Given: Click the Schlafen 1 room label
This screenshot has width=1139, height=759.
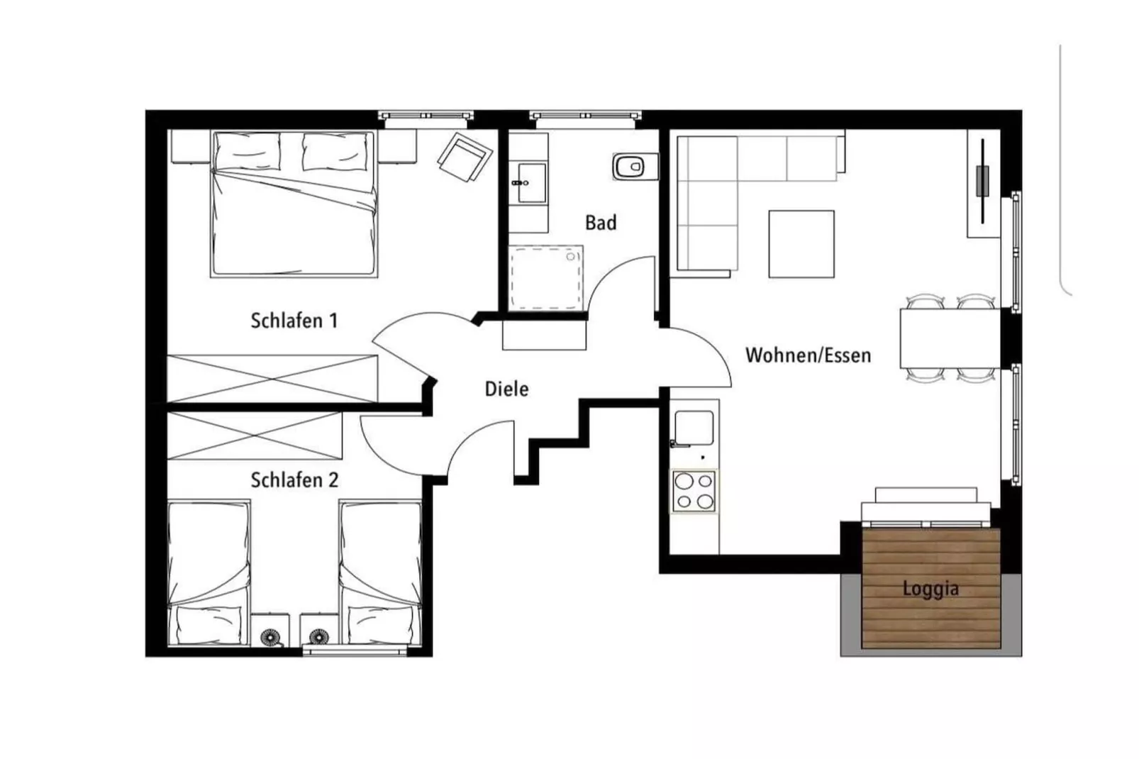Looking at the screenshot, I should point(294,321).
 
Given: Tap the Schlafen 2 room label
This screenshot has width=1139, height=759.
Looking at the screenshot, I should point(294,480).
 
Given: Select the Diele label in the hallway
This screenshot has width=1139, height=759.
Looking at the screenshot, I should point(506,389).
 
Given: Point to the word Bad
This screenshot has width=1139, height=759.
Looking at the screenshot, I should point(600,223).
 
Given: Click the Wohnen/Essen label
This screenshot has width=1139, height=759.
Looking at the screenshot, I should point(808,355).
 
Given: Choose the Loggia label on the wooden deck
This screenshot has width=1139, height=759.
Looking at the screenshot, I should point(930,589).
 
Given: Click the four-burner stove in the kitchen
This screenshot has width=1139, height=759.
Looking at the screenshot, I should point(694,492).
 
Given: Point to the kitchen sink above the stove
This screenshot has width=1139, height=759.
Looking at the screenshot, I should point(694,427).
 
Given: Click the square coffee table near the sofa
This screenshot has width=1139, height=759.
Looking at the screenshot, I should point(801,243).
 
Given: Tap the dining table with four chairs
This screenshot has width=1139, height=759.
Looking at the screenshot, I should point(949,338).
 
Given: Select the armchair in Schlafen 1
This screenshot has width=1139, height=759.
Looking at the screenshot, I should point(465,156).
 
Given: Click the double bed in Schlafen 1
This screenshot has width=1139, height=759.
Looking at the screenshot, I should point(294,213).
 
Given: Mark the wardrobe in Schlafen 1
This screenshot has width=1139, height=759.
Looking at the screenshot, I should point(272,378).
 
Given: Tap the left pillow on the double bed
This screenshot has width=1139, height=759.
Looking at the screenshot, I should point(248,151).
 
